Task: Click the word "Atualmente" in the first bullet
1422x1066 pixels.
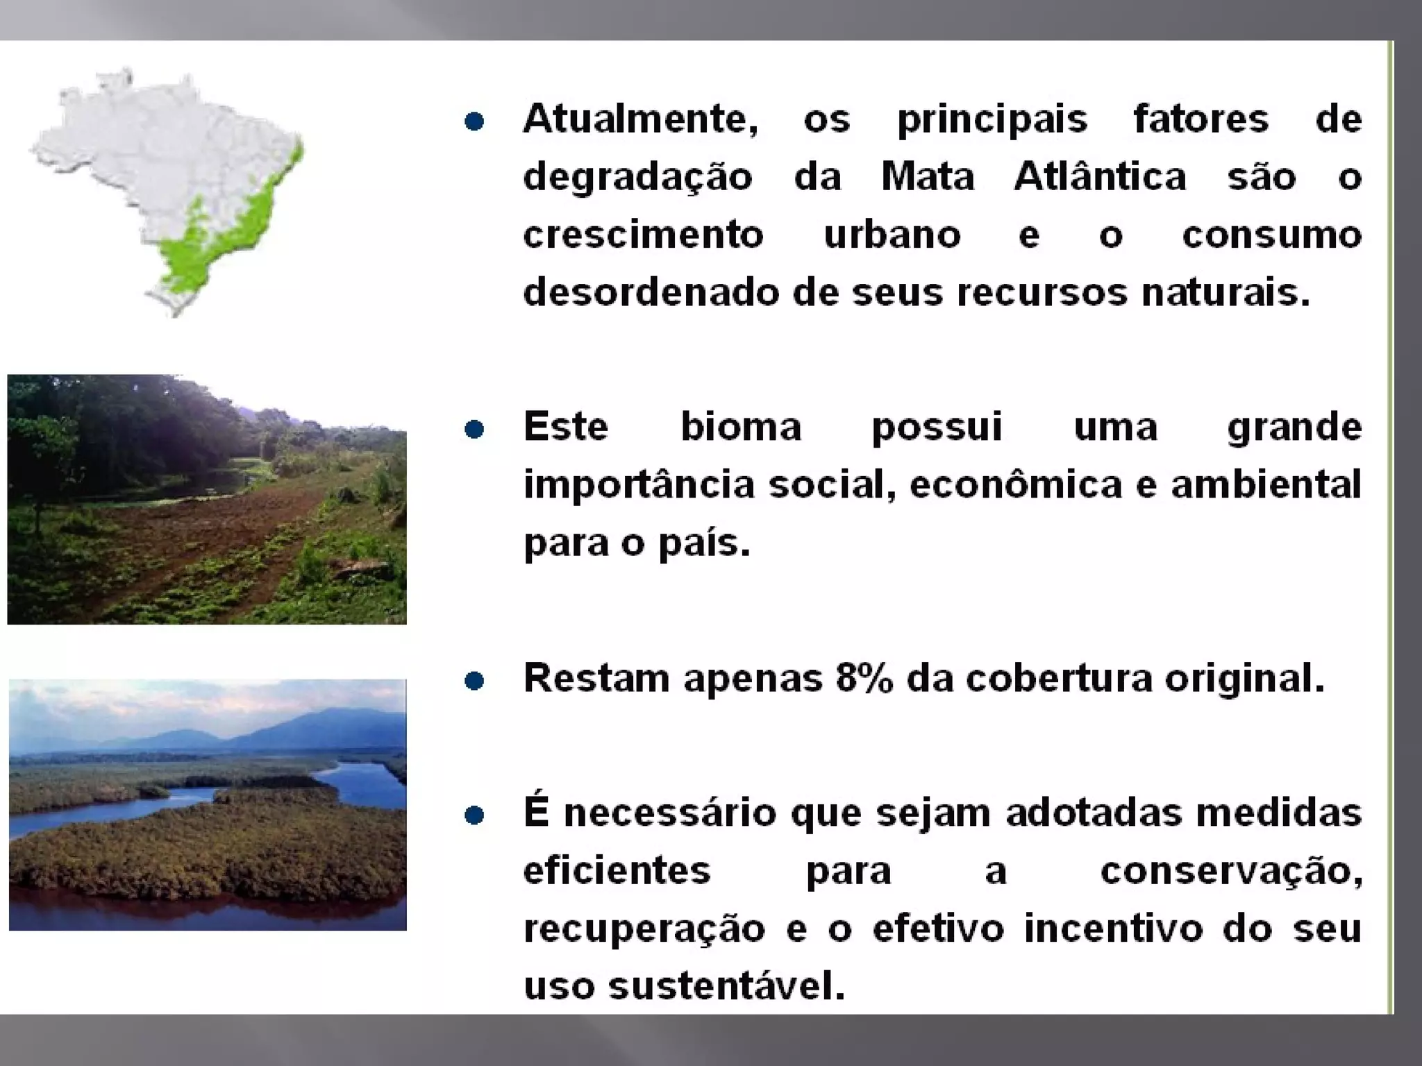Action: pos(639,119)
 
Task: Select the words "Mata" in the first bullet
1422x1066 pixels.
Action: pos(928,177)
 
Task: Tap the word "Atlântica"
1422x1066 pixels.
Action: pos(1100,177)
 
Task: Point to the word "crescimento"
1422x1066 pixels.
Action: pos(643,235)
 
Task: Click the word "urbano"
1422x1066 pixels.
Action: pos(892,235)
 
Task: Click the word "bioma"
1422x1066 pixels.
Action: pos(740,427)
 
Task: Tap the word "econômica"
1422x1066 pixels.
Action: pos(1015,484)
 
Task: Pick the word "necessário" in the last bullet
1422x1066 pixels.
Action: pos(670,813)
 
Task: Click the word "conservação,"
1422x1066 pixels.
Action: pos(1231,872)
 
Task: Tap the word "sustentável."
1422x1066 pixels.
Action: pos(726,986)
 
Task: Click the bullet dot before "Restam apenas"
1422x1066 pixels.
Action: pos(474,681)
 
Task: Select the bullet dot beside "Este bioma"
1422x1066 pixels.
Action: pos(474,430)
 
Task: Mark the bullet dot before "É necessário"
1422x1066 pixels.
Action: pos(474,815)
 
